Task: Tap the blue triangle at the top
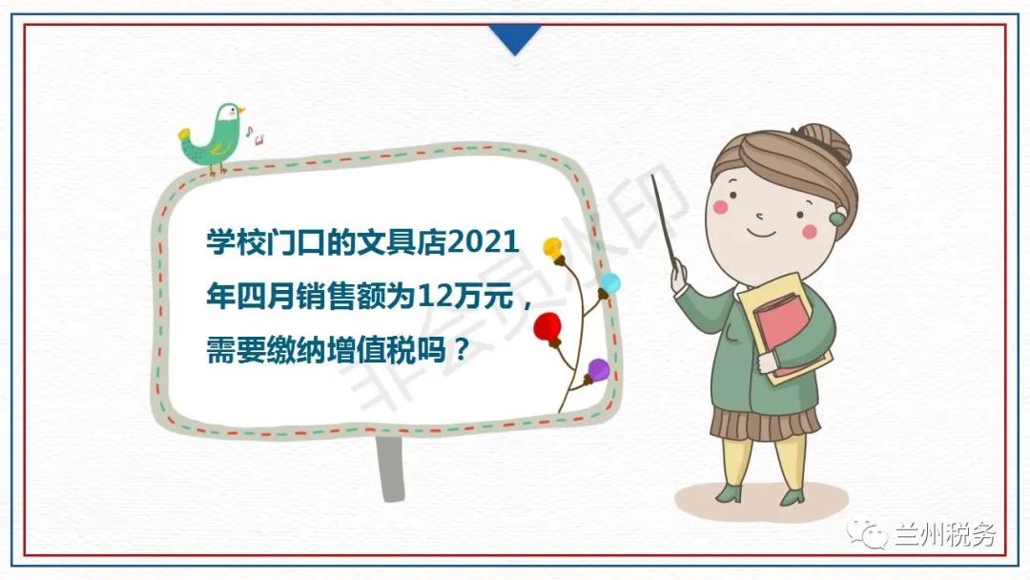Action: pos(515,37)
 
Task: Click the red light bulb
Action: pos(547,329)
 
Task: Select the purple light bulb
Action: pos(597,371)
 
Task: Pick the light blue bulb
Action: pos(608,284)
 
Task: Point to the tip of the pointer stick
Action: pos(652,176)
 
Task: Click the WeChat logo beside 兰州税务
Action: pos(867,533)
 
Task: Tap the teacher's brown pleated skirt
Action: pos(765,424)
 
